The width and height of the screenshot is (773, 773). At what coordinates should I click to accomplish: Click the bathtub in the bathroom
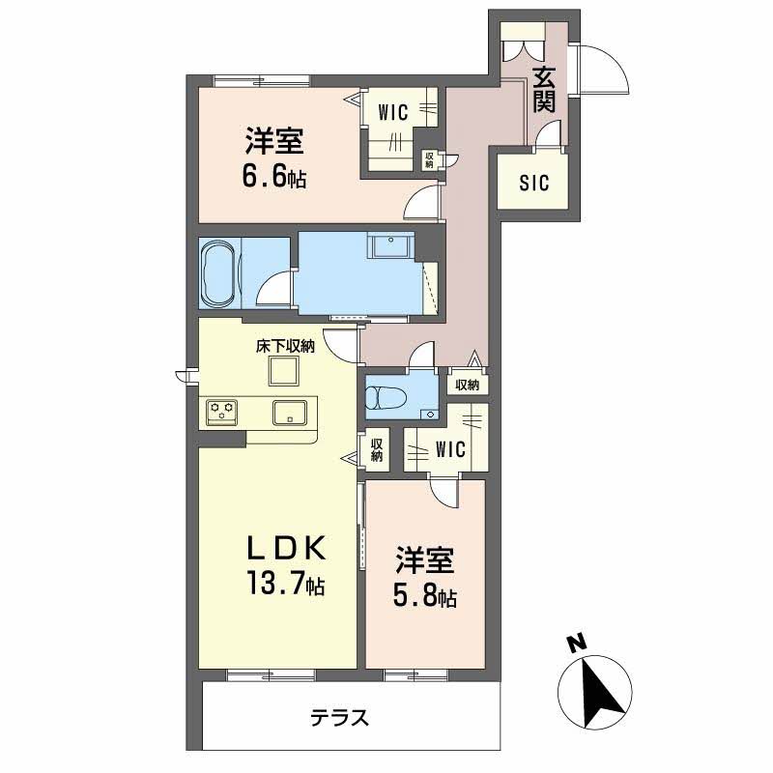tap(219, 272)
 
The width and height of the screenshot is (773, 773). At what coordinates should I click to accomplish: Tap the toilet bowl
tap(385, 397)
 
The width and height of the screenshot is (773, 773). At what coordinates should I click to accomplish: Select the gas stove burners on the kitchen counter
tap(221, 412)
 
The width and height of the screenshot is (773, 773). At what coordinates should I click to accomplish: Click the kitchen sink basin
tap(290, 413)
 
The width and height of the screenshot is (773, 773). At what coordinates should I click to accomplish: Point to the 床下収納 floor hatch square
tap(283, 371)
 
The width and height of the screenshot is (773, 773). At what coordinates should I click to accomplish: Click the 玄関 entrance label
tap(544, 89)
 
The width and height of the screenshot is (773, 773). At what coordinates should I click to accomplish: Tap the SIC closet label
tap(534, 184)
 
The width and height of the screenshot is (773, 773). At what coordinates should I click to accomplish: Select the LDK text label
tap(286, 548)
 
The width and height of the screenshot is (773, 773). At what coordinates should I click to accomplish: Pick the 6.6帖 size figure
tap(274, 177)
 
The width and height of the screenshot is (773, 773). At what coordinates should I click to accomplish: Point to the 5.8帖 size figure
tap(424, 597)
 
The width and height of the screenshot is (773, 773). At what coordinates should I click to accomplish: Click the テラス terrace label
tap(340, 717)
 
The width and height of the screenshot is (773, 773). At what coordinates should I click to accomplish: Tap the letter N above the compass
tap(576, 643)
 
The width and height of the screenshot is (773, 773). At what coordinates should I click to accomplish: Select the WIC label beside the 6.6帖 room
tap(393, 113)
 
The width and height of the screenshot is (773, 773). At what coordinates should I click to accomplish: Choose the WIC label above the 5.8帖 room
tap(450, 449)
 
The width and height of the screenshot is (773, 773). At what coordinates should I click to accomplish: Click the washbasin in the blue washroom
tap(392, 245)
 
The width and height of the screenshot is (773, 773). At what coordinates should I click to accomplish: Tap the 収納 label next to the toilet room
tap(467, 385)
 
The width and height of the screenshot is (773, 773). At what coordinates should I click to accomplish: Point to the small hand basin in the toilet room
tap(431, 415)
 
